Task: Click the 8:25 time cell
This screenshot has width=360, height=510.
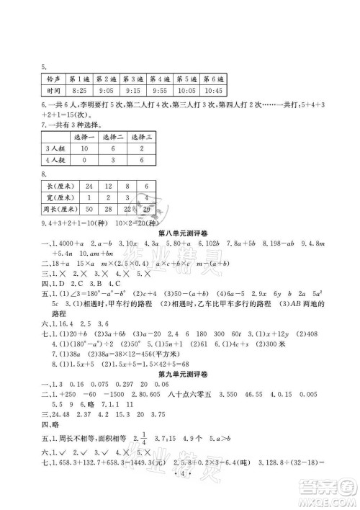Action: click(x=79, y=91)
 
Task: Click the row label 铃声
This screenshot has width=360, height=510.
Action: click(x=51, y=79)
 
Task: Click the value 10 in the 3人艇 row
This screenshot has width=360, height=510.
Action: click(x=84, y=148)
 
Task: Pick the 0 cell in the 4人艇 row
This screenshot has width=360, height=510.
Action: click(x=84, y=160)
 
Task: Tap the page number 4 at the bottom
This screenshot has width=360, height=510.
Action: click(x=181, y=498)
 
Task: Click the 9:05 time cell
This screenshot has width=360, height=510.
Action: click(x=106, y=91)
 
